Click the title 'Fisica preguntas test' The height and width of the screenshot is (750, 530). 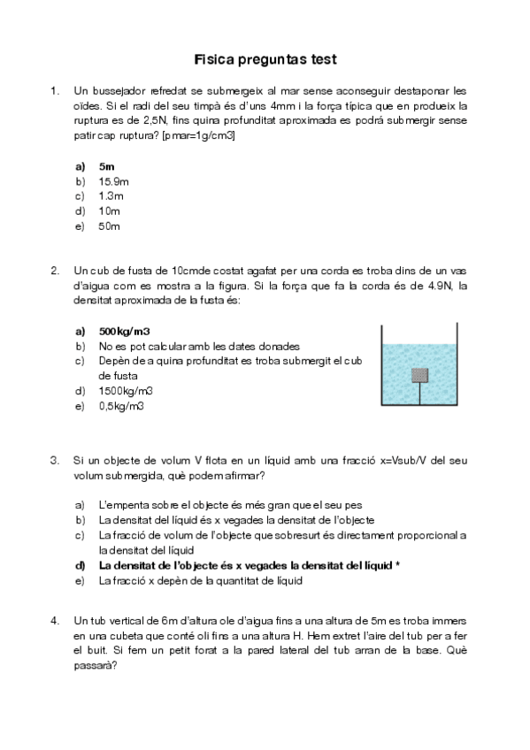265,60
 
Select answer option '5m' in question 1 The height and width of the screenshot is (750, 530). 108,165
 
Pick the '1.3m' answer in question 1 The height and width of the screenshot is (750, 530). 111,195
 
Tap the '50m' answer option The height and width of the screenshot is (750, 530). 110,226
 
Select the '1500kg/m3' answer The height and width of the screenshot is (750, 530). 126,391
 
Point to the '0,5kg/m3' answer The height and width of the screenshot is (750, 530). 122,406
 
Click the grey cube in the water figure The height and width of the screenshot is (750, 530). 419,374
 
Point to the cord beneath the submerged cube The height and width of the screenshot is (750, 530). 419,394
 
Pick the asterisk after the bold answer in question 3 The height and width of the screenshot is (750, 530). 399,565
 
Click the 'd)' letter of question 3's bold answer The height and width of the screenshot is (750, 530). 81,565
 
